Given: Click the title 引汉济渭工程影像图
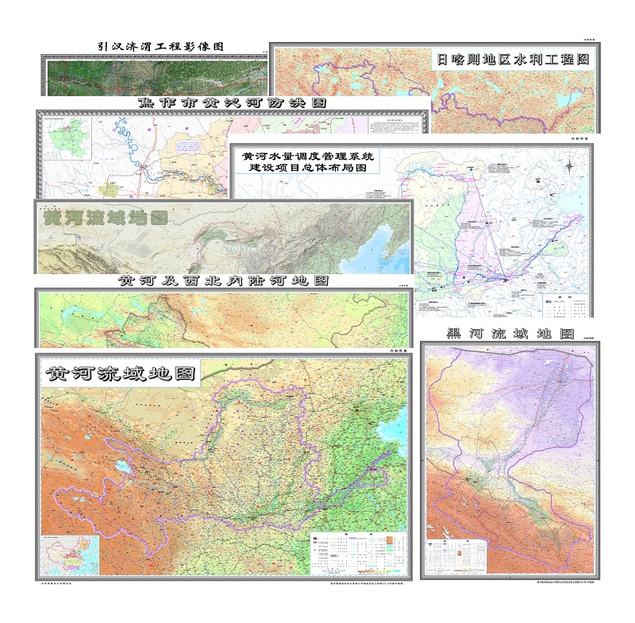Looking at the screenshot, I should (155, 47).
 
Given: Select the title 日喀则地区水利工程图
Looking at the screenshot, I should (514, 58).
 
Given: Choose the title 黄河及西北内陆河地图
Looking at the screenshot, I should (223, 281).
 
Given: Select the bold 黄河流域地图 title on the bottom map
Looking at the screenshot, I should (121, 373).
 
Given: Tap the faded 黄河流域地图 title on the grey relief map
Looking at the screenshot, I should (105, 217).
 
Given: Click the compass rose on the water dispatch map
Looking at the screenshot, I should (570, 165).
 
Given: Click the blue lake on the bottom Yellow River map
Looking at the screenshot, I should (124, 468).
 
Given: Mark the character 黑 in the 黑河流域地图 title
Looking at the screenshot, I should (456, 334).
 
